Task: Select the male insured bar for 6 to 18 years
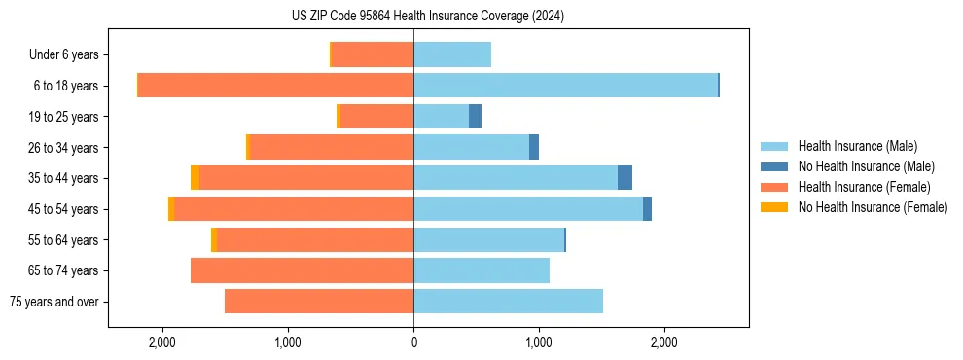click(x=565, y=86)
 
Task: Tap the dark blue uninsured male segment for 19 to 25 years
click(x=475, y=117)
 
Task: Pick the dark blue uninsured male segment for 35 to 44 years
click(x=624, y=178)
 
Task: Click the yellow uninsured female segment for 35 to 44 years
click(x=195, y=178)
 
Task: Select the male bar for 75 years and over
click(x=508, y=302)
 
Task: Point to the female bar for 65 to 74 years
click(x=302, y=270)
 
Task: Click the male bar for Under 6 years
click(x=452, y=54)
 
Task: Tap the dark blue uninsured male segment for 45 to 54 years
click(x=647, y=209)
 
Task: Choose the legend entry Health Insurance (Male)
click(x=857, y=146)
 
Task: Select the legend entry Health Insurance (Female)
click(x=864, y=187)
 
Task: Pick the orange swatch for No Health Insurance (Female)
click(x=774, y=207)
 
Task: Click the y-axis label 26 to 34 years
click(x=64, y=148)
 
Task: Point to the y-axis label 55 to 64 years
click(x=64, y=240)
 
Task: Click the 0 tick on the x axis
click(x=413, y=343)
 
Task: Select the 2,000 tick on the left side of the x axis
click(x=162, y=343)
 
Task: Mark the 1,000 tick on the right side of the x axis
click(x=538, y=343)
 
